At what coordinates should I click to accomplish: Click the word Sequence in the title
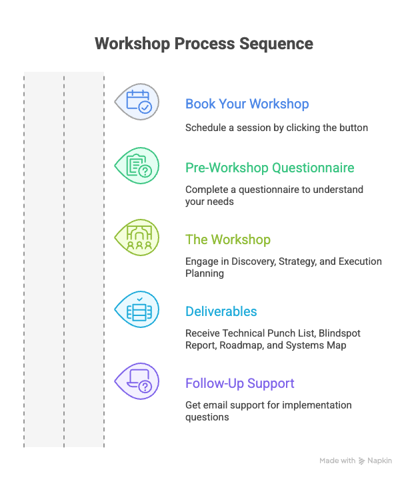tap(276, 44)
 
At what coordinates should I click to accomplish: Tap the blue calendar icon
tap(139, 101)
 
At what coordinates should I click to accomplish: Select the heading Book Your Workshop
tap(247, 104)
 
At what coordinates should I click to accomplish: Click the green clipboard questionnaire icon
tap(139, 166)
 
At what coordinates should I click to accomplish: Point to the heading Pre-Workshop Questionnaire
tap(269, 168)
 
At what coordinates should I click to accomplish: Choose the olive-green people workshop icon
tap(139, 238)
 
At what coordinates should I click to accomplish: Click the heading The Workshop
tap(228, 239)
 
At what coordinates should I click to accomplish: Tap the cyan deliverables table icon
tap(139, 309)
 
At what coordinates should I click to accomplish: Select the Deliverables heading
tap(221, 311)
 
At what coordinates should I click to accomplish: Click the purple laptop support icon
tap(139, 381)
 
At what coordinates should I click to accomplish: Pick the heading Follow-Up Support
tap(239, 383)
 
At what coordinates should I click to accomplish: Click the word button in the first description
tap(353, 127)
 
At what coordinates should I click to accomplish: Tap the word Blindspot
tap(339, 333)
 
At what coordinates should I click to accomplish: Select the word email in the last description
tap(213, 405)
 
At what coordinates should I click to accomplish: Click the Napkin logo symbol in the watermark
tap(362, 460)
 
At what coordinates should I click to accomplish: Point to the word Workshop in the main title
tap(132, 44)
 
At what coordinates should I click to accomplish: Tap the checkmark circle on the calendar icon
tap(145, 107)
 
